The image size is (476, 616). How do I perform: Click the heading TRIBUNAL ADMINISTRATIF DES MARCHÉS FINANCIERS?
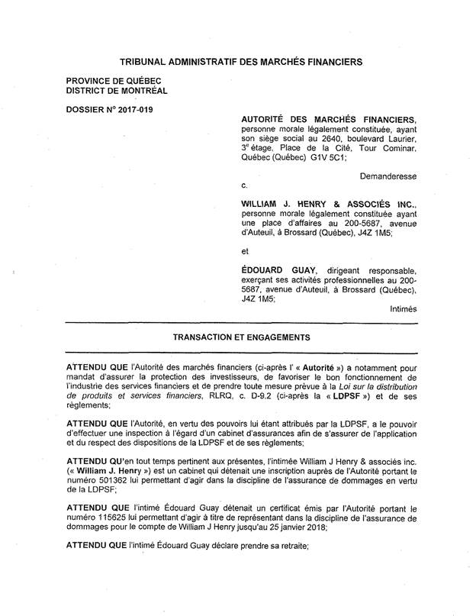pos(241,60)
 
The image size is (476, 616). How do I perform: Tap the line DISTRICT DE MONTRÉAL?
pos(117,91)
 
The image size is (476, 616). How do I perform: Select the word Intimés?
pos(403,309)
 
